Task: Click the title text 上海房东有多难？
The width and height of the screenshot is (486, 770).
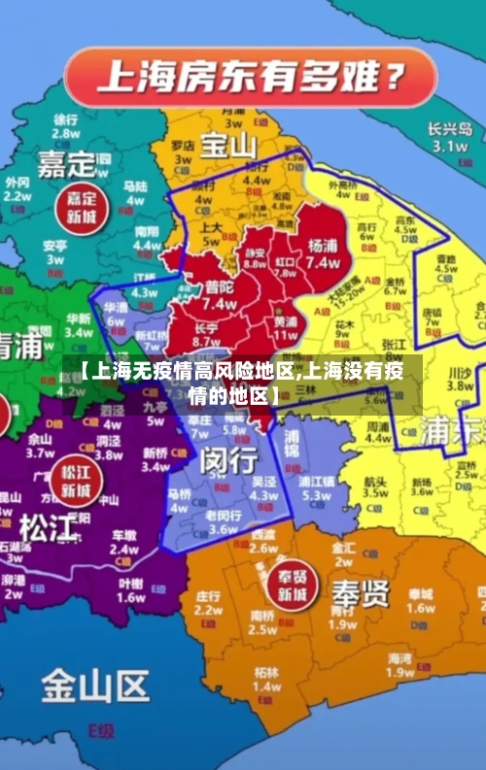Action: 248,75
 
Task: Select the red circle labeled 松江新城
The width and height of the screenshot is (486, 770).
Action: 75,481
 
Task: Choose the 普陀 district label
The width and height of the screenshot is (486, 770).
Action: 219,288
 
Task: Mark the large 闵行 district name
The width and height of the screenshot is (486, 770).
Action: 229,461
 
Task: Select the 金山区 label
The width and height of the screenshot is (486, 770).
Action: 94,687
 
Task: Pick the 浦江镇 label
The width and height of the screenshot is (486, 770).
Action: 317,481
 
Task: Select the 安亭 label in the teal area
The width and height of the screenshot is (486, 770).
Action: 55,246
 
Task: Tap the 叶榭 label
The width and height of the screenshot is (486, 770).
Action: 130,584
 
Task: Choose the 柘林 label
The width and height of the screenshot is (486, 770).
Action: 265,671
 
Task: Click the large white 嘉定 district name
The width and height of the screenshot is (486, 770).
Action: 67,162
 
